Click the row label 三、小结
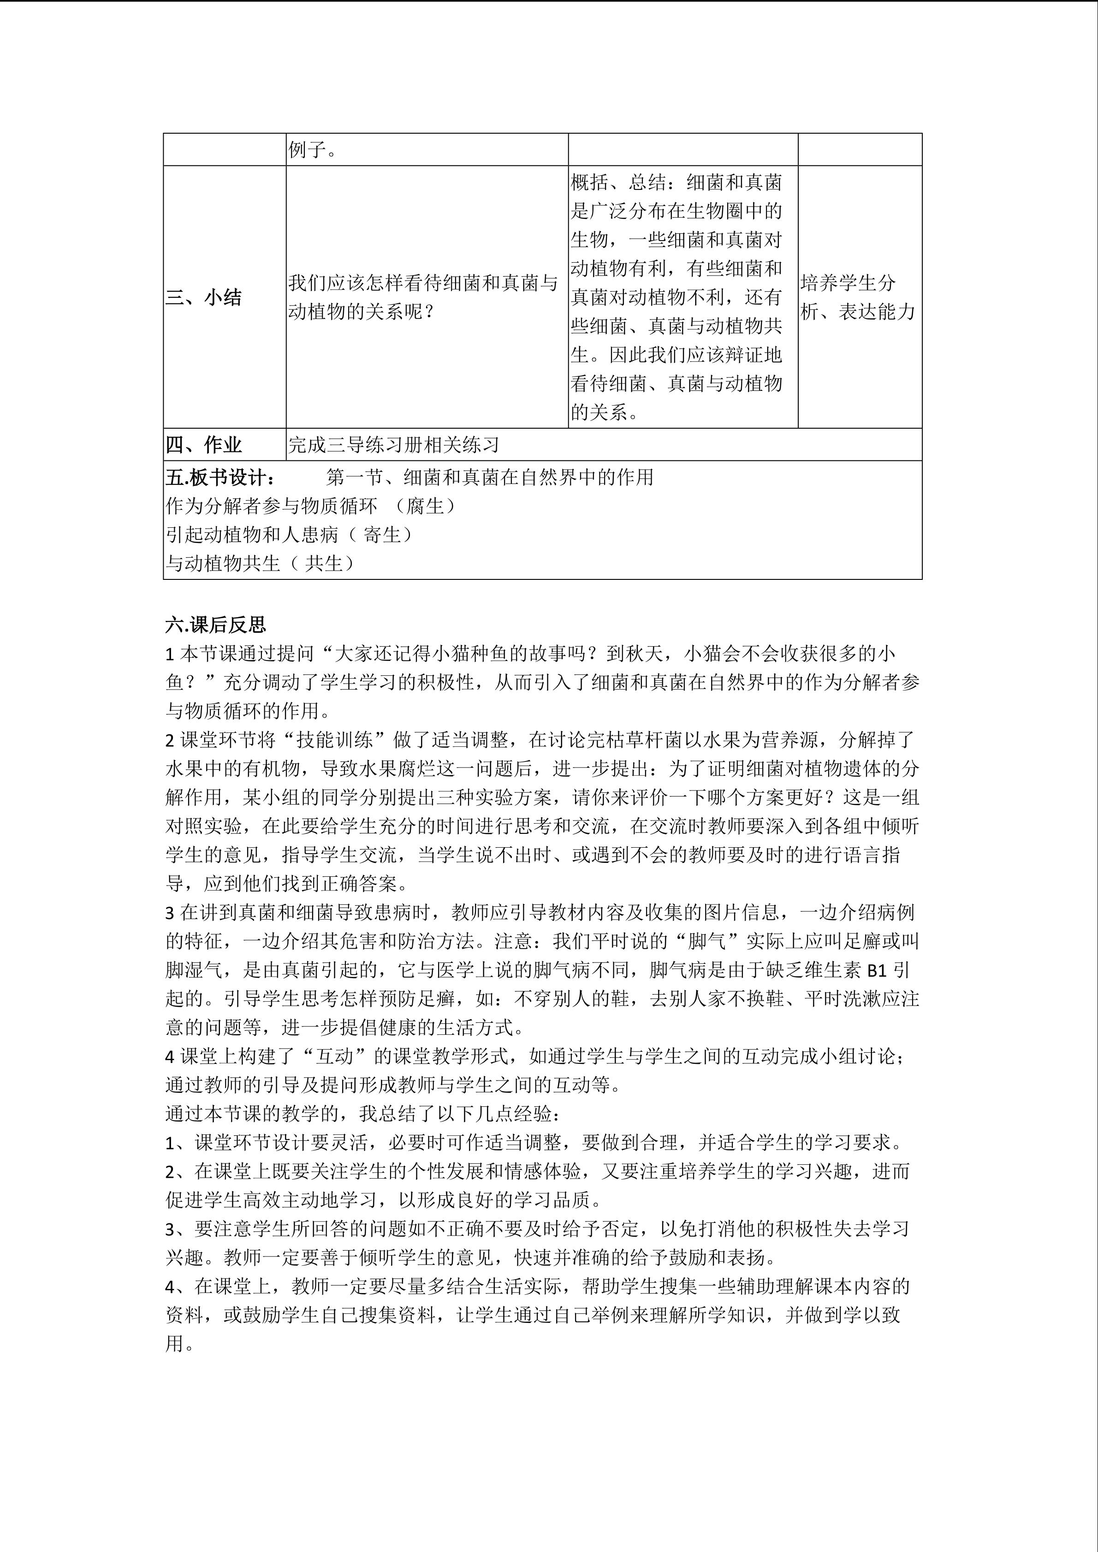pyautogui.click(x=203, y=297)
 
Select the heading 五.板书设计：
pyautogui.click(x=220, y=477)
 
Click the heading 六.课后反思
pyautogui.click(x=216, y=625)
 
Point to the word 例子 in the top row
pyautogui.click(x=308, y=150)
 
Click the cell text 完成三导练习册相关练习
pyautogui.click(x=393, y=445)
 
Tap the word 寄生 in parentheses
pyautogui.click(x=382, y=535)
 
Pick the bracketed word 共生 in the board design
pyautogui.click(x=323, y=563)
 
